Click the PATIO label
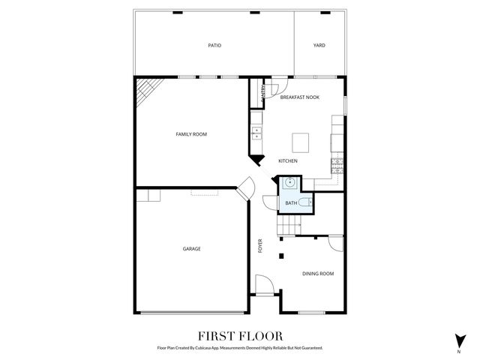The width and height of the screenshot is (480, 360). coord(214,45)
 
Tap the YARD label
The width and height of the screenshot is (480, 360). coord(319,45)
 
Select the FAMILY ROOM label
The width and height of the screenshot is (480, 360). coord(191,134)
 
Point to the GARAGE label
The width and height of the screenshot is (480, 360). coord(191,248)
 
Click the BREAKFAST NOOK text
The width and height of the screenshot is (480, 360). coord(300,97)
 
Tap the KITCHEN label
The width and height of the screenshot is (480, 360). coord(288,161)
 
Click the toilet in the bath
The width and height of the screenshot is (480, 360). coord(304,202)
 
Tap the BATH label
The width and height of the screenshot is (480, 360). coord(290,202)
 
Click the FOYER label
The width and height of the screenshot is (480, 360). coord(260,246)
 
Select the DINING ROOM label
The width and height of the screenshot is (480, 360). coord(318,274)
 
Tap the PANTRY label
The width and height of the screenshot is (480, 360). coord(262,93)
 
